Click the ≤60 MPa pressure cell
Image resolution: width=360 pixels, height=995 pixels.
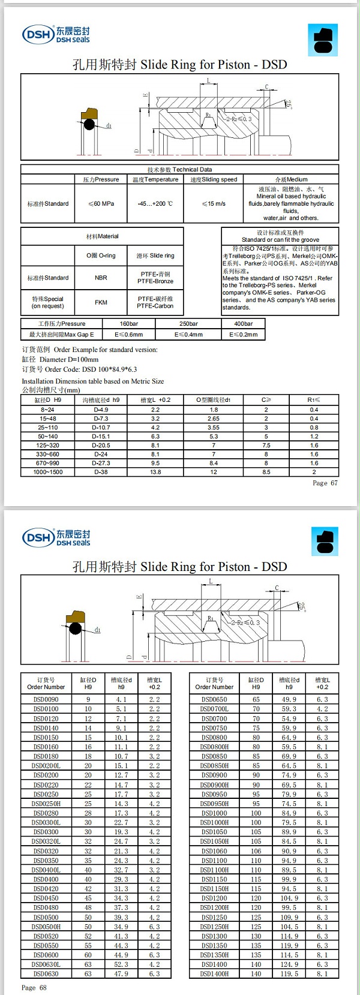pos(101,204)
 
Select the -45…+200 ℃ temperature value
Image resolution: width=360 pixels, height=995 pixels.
pos(155,204)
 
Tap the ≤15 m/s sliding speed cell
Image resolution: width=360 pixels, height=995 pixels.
pos(214,204)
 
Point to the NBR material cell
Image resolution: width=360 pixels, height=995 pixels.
pos(101,278)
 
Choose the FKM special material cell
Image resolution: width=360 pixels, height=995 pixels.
pos(101,302)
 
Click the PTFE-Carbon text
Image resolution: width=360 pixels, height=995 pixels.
pos(155,306)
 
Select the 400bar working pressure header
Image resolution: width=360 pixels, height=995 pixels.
pos(244,324)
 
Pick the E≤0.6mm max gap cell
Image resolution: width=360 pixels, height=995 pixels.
pos(128,335)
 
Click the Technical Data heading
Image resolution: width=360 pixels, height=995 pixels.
pos(179,170)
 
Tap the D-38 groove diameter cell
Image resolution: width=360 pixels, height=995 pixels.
pos(101,472)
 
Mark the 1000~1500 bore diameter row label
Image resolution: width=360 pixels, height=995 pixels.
pos(47,472)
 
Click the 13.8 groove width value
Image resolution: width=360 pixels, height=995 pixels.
pos(155,472)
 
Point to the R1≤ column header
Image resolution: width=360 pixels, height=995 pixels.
pos(314,400)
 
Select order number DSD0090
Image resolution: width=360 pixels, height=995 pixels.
pos(46,699)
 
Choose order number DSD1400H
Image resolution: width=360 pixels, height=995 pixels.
pos(214,974)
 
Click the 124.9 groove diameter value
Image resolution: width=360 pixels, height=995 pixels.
pos(289,964)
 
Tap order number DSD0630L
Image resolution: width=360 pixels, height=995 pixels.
pos(46,964)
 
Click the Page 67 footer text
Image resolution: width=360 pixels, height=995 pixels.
pos(325,483)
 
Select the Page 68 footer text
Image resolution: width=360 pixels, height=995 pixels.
pos(34,987)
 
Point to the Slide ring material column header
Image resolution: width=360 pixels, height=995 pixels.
pos(155,255)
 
